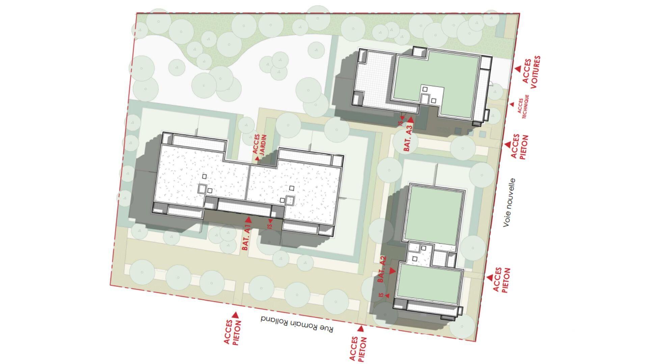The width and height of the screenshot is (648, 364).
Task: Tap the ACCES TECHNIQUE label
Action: click(x=522, y=106)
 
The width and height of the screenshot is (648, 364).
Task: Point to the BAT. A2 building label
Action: click(x=382, y=269)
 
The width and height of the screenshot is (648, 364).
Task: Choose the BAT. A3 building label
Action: click(x=407, y=138)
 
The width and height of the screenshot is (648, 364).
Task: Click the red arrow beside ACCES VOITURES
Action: click(x=518, y=69)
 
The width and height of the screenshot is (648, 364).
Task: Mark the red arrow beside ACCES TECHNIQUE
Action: click(x=512, y=104)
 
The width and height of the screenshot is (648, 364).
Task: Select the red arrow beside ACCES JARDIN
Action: click(x=258, y=158)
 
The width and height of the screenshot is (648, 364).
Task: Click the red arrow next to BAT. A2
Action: click(x=392, y=271)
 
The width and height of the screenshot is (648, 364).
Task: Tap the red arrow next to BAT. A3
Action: click(x=411, y=120)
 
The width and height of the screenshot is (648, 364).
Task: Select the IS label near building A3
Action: click(x=401, y=121)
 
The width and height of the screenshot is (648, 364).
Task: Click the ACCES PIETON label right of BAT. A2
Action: click(x=502, y=280)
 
